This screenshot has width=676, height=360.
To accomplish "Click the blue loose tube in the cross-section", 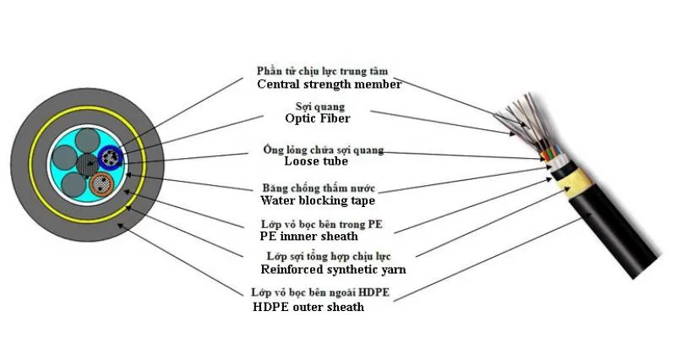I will [110, 155].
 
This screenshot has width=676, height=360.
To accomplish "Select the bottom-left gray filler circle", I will [74, 187].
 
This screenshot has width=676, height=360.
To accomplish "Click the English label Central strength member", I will [329, 85].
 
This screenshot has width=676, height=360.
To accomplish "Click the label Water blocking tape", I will [317, 201].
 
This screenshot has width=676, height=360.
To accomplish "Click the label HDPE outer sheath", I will [308, 307].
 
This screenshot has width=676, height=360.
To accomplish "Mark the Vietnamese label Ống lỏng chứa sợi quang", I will [323, 150].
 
